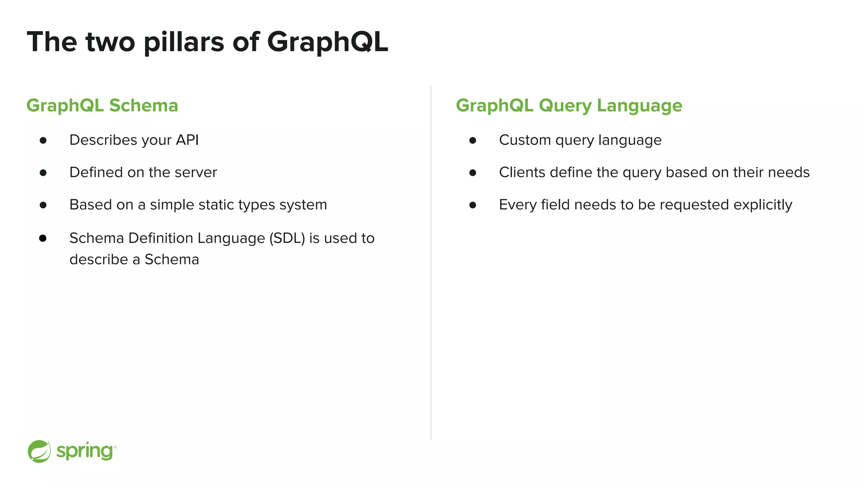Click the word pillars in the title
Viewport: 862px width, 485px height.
[x=184, y=42]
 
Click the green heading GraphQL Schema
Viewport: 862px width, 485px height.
[x=102, y=105]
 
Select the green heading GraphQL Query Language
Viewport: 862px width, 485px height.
[x=569, y=105]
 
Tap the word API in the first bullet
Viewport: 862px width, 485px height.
[x=187, y=140]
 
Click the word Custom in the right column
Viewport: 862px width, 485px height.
[x=525, y=140]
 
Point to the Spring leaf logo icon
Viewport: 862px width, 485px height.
[x=39, y=451]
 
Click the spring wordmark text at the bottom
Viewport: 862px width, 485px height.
[x=85, y=451]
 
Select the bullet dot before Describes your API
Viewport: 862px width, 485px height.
[x=43, y=140]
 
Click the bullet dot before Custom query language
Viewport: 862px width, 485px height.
[x=473, y=140]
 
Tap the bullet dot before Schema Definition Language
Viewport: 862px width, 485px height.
[x=43, y=238]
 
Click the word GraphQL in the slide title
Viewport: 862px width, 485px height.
[x=327, y=42]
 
